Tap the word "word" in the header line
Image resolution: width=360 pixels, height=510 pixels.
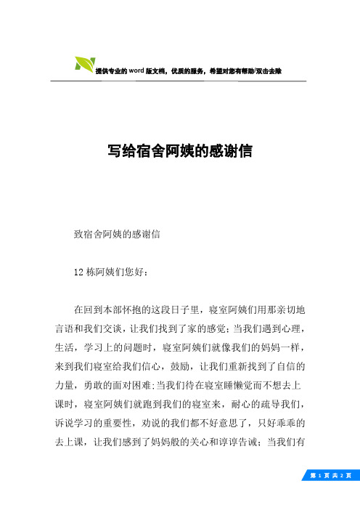click(x=138, y=71)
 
